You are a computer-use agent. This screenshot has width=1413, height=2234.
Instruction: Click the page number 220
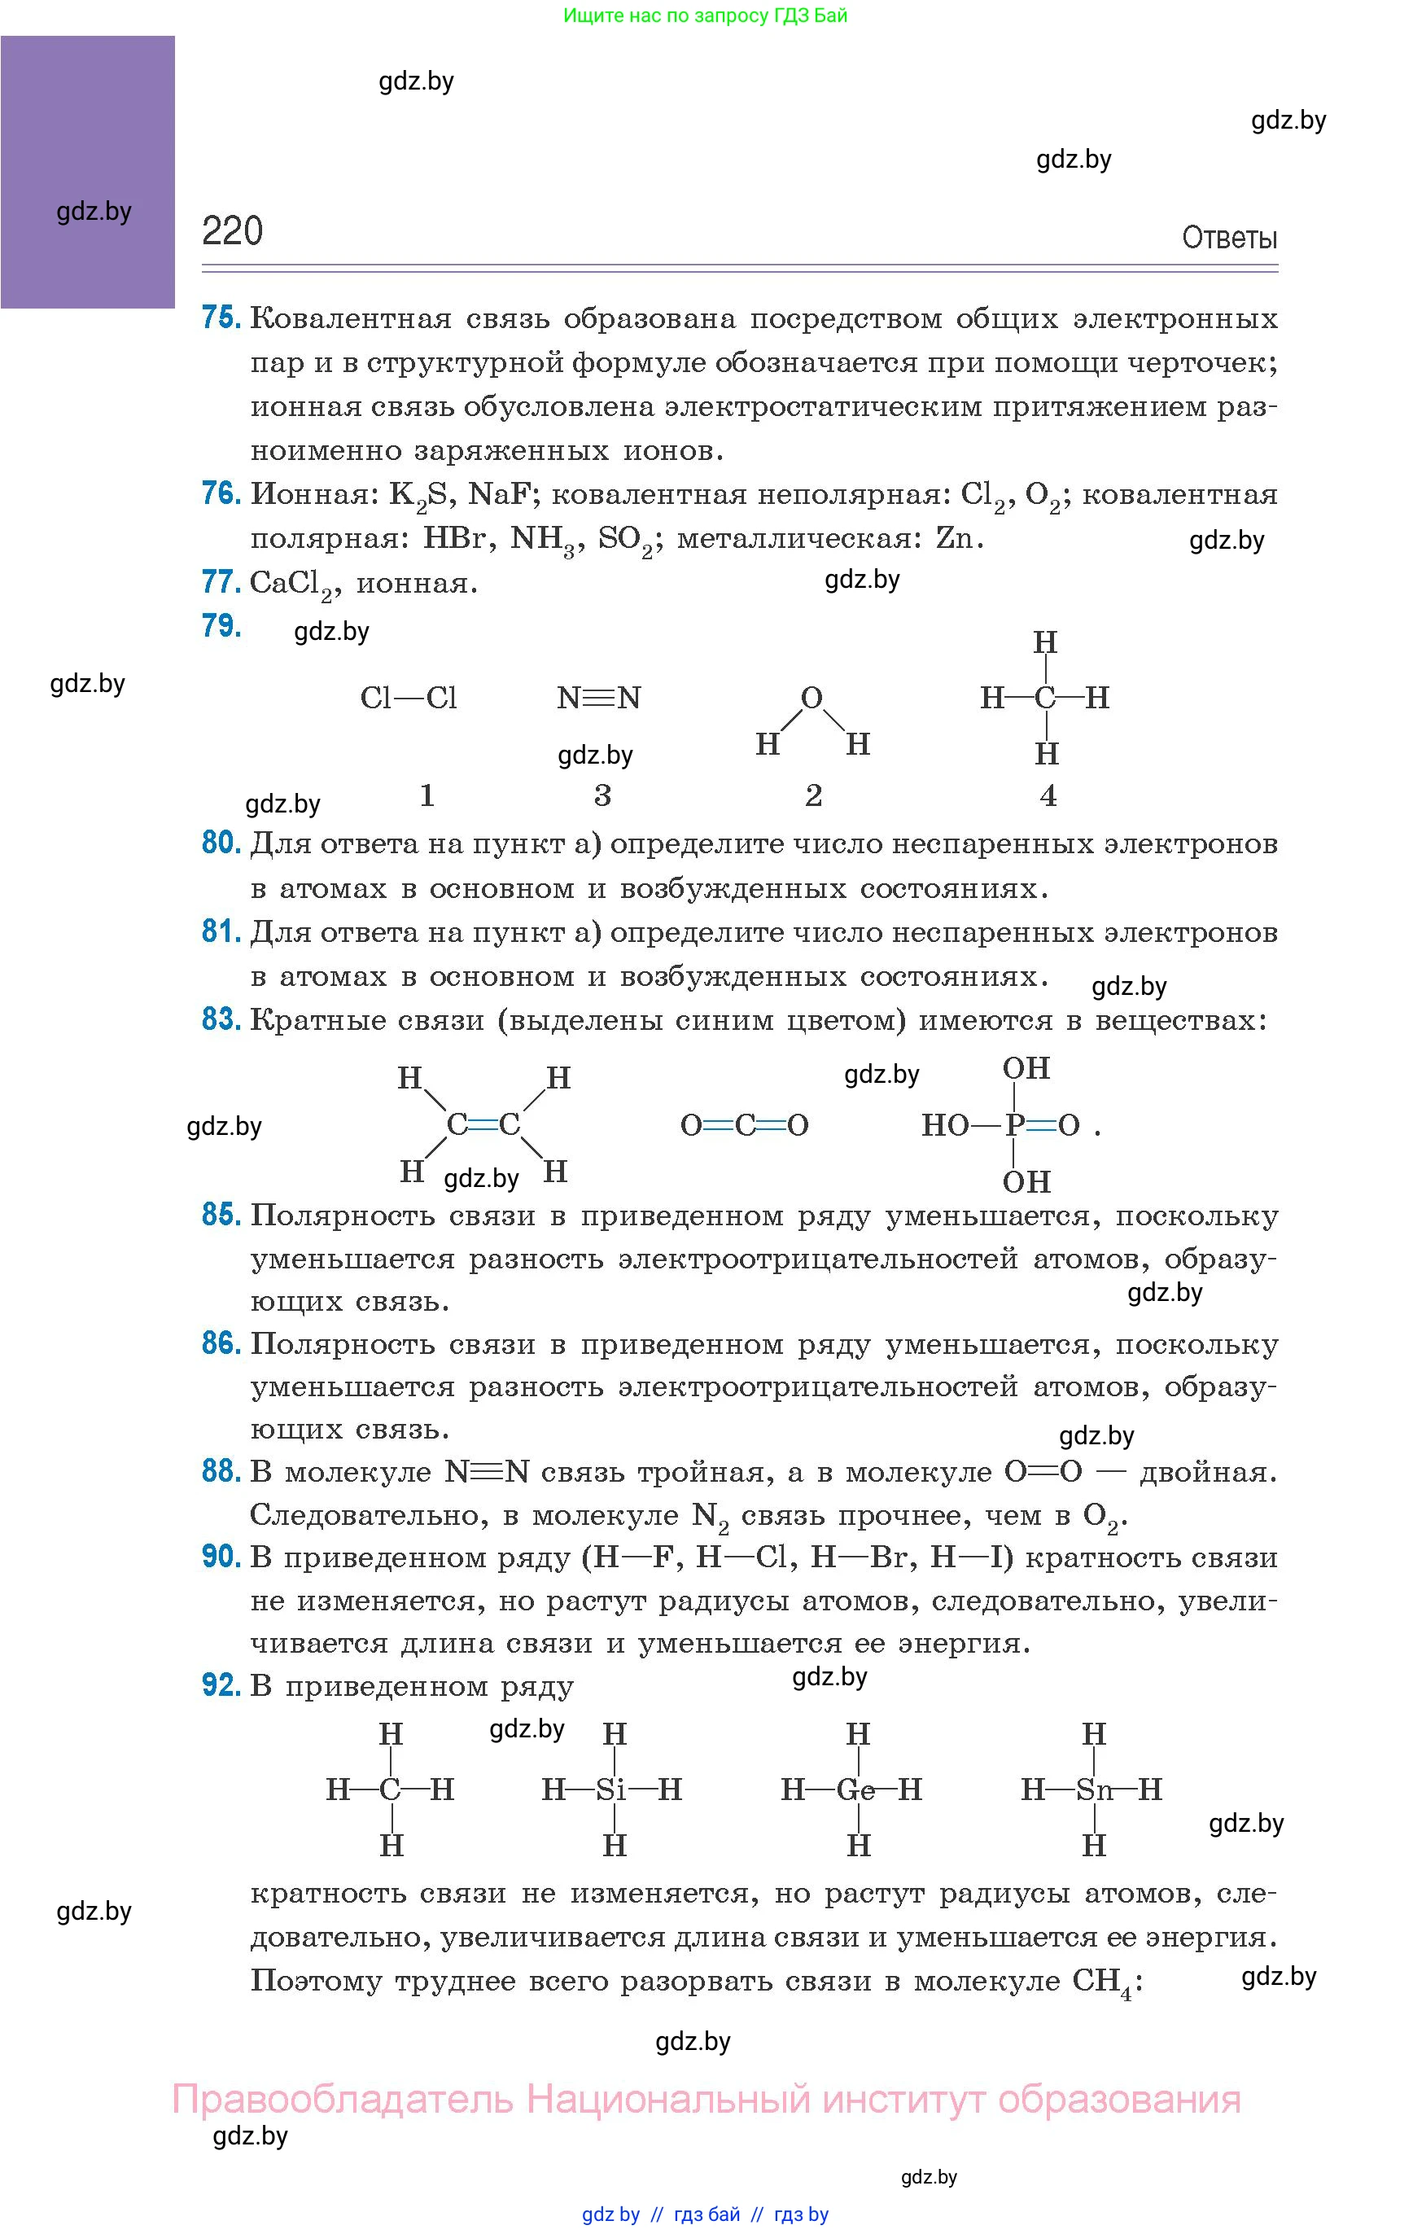(232, 231)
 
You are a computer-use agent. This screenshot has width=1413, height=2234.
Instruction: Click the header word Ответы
(1228, 239)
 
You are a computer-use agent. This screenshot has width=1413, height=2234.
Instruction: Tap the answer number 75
(221, 318)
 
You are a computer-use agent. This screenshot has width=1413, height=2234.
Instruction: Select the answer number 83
(221, 1018)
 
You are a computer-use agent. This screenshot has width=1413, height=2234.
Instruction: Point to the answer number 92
(221, 1684)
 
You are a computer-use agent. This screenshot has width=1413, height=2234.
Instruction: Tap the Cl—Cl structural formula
(409, 698)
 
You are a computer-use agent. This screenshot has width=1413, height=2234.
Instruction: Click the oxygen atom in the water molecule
(811, 698)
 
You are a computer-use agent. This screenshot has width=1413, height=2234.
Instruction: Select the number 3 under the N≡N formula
(602, 795)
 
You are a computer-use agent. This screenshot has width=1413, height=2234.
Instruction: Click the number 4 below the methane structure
(1048, 795)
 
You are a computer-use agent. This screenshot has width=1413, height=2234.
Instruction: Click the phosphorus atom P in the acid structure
(1014, 1125)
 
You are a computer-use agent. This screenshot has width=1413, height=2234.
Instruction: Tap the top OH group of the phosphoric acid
(1026, 1069)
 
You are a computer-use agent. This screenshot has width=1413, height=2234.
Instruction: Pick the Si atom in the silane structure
(611, 1789)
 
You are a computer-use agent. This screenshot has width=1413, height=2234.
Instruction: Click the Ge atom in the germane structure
(855, 1789)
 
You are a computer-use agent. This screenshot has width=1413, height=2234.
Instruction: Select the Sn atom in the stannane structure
(1094, 1789)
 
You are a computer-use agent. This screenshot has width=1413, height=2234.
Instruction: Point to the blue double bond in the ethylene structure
(483, 1125)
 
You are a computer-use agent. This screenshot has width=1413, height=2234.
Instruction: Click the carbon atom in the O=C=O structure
(744, 1125)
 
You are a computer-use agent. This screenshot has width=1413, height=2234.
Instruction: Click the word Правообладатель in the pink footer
(343, 2099)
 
